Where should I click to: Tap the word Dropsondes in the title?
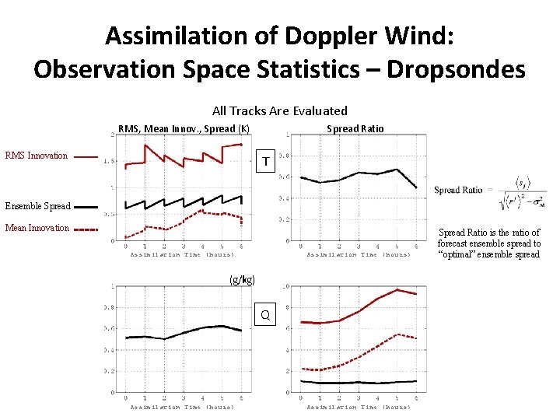(456, 69)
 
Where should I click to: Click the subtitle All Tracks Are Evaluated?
(279, 110)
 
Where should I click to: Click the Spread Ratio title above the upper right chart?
(355, 128)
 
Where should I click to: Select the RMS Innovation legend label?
(37, 156)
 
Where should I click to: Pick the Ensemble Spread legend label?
(39, 206)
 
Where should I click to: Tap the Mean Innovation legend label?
(37, 228)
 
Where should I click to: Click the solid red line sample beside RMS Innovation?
(86, 156)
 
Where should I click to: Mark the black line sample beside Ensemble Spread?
(86, 207)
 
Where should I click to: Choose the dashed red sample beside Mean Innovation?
(86, 229)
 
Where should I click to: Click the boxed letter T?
(266, 162)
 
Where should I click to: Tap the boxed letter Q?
(265, 314)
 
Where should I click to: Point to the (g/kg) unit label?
(242, 279)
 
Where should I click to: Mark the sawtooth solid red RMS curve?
(184, 156)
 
